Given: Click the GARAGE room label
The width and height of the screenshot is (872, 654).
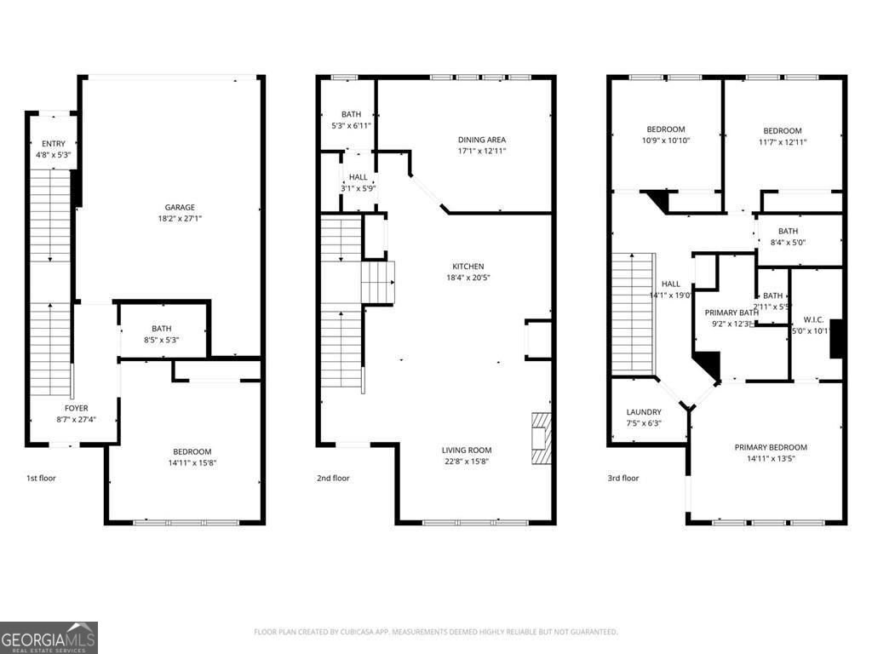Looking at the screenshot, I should point(180,207).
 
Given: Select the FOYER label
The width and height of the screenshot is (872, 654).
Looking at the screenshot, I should point(76,409).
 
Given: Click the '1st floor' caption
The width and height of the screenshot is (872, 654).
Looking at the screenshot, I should point(41,478).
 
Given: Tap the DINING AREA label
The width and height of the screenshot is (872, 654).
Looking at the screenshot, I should point(482,140).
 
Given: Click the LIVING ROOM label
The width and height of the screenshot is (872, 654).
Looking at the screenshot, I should point(467,450).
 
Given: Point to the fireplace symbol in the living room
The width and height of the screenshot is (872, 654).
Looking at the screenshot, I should point(541,438).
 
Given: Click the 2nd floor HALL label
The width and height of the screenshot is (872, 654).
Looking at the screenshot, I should point(358,177).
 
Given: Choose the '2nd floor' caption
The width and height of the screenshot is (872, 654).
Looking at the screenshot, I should point(332,478).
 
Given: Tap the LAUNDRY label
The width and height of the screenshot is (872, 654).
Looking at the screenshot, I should point(644,412).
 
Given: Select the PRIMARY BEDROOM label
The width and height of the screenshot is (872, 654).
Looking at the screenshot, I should point(771,447).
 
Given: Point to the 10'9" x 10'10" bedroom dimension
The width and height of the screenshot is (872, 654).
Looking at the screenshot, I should point(664,141).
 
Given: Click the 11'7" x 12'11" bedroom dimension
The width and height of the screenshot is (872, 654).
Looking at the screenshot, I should point(782,142).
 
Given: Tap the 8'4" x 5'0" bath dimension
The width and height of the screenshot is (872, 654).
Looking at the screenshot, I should point(788,243).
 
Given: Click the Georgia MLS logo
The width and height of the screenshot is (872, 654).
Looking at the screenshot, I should point(49,637).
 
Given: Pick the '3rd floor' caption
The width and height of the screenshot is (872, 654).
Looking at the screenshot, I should point(623,478).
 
